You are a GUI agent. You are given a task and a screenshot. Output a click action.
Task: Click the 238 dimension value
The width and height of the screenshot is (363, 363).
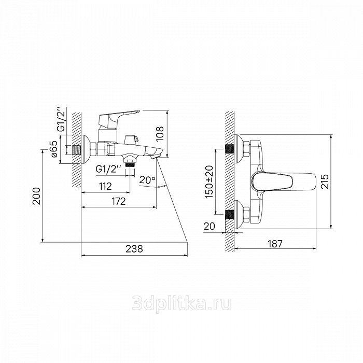tap(134, 249)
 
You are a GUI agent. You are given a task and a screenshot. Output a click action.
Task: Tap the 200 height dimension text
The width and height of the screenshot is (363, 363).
tap(36, 196)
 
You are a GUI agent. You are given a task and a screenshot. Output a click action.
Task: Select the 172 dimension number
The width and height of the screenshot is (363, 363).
tap(119, 201)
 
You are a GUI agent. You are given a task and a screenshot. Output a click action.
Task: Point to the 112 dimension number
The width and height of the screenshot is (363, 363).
tap(105, 186)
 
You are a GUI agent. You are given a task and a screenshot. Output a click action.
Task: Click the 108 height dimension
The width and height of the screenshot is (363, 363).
tap(160, 134)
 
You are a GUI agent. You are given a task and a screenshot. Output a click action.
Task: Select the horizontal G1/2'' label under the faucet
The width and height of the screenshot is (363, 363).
tap(108, 169)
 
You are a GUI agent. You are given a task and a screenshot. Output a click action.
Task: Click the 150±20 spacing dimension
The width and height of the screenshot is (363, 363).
tap(210, 181)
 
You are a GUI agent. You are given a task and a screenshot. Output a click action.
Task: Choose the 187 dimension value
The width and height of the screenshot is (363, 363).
tap(275, 244)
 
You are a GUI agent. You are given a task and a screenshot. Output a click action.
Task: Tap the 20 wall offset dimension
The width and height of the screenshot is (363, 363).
tap(210, 226)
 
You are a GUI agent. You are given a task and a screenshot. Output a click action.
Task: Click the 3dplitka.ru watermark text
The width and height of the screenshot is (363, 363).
tap(181, 304)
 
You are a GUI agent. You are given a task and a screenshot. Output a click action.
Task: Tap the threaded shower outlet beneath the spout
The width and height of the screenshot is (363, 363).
tap(130, 164)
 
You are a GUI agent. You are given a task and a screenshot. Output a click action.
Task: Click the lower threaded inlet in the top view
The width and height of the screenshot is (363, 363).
tap(230, 214)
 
